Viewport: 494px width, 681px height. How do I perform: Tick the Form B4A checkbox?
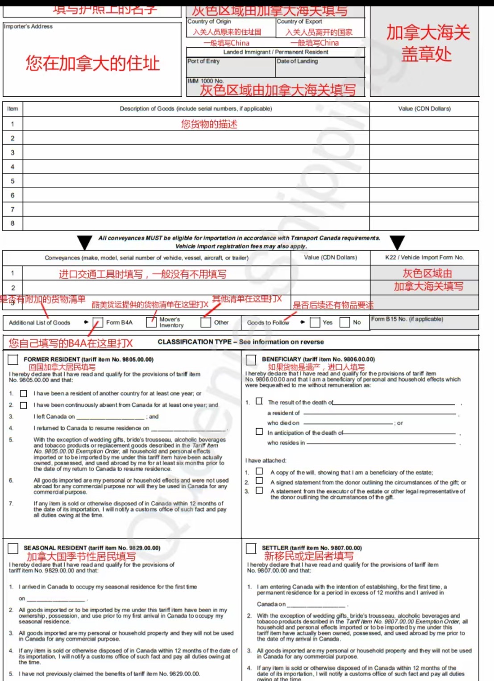98,322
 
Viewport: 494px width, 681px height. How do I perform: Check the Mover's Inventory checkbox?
151,322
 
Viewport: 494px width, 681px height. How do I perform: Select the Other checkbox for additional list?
206,322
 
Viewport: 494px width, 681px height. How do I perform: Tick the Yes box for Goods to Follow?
315,322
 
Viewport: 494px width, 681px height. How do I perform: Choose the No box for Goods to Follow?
345,322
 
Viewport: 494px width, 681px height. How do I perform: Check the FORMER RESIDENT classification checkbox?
13,359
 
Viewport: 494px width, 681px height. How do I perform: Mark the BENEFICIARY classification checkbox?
251,359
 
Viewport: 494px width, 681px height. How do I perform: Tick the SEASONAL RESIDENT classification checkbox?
13,548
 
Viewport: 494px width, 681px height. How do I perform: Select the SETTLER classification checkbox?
251,548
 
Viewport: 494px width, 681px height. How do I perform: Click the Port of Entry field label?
203,61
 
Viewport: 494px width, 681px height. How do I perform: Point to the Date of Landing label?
297,61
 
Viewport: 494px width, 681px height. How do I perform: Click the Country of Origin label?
209,21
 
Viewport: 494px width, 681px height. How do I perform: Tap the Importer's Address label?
28,26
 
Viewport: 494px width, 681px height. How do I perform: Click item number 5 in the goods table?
12,181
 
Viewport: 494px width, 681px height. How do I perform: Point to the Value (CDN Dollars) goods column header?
424,108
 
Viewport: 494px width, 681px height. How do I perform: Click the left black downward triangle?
84,242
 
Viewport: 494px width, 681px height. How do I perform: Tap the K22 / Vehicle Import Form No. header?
424,257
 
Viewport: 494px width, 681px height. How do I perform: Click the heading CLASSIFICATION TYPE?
195,342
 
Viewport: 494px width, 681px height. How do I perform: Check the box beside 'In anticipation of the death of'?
259,432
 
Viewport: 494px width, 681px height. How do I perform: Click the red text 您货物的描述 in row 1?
209,124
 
